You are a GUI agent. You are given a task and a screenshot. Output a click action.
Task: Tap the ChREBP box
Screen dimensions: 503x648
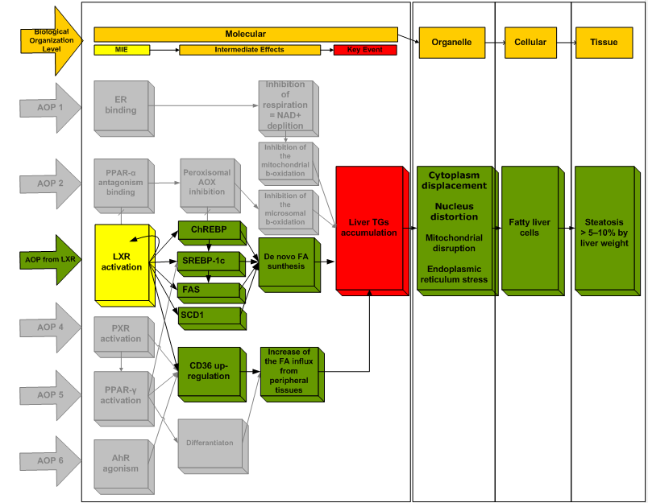(x=207, y=230)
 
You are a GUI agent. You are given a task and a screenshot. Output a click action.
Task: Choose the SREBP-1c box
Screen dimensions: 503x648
(x=207, y=262)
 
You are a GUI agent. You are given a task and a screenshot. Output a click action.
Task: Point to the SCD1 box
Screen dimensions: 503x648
(x=207, y=315)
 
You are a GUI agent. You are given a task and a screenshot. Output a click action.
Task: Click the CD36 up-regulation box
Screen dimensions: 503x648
(x=207, y=371)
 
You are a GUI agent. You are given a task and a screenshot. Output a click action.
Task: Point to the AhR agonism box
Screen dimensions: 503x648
(x=120, y=464)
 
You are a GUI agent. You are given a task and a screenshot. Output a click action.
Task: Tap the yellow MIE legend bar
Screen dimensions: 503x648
(x=121, y=50)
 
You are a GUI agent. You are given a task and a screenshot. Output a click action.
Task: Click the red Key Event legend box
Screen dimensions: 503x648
(x=365, y=50)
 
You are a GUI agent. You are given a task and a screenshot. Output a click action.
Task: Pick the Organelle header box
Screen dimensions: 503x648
(x=446, y=43)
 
